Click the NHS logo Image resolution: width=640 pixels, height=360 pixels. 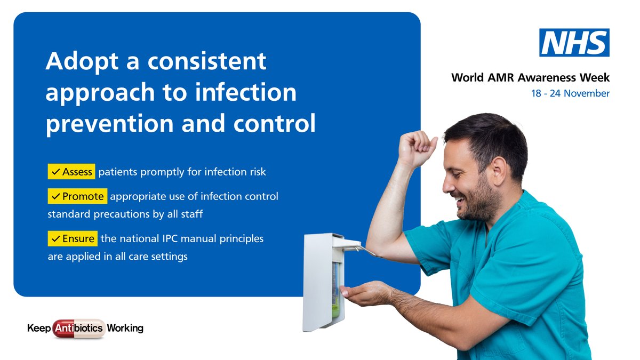(x=574, y=43)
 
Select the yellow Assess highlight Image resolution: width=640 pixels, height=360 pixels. (x=71, y=172)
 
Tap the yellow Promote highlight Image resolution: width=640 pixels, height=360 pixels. (x=77, y=196)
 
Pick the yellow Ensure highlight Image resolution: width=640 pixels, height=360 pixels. (x=73, y=238)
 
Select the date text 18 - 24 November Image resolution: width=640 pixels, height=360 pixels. (x=570, y=93)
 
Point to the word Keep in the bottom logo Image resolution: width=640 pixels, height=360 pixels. (x=38, y=328)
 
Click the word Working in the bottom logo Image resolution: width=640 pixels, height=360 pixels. (x=125, y=328)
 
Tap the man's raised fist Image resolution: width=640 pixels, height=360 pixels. (x=416, y=147)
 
